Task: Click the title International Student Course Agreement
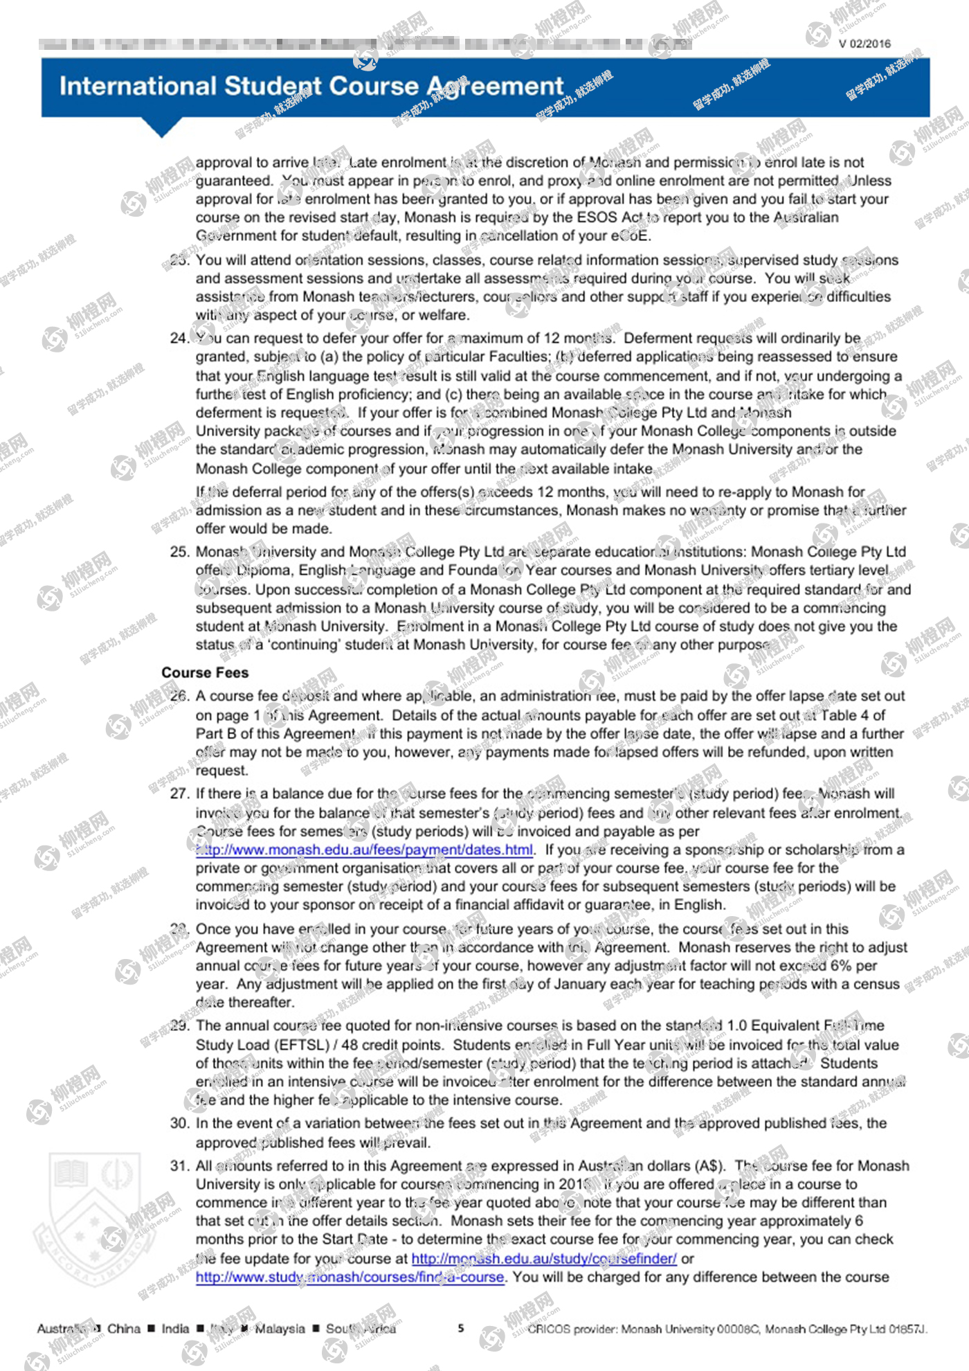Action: tap(311, 87)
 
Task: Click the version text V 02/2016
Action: tap(864, 44)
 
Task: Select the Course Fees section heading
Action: tap(205, 672)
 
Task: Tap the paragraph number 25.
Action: tap(179, 552)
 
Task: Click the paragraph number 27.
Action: tap(179, 794)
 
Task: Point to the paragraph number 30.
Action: tap(179, 1123)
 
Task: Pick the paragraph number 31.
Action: tap(179, 1166)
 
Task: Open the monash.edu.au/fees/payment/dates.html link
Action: tap(365, 850)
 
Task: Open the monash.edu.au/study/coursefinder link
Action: tap(544, 1258)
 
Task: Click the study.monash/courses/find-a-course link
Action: tap(350, 1277)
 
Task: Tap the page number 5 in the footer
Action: tap(461, 1328)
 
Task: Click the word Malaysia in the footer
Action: tap(280, 1329)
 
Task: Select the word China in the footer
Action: tap(124, 1329)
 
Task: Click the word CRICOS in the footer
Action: tap(549, 1329)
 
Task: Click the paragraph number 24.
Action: tap(179, 338)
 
